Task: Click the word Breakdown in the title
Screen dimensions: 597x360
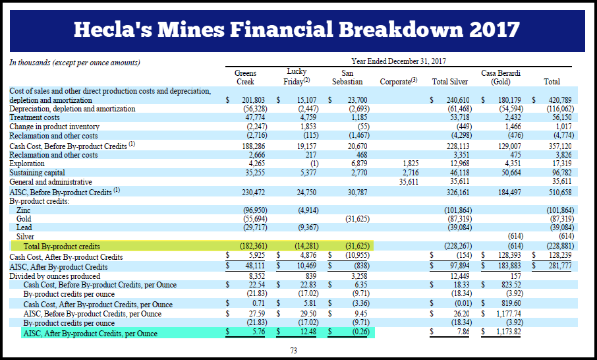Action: tap(401, 29)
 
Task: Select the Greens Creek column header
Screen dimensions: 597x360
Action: tap(245, 77)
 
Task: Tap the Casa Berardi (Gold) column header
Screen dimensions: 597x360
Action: tap(500, 77)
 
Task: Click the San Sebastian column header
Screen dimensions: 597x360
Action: tap(347, 77)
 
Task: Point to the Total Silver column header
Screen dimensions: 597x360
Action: tap(449, 82)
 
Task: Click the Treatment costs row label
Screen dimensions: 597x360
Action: tap(34, 117)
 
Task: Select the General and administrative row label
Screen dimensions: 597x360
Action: tap(51, 182)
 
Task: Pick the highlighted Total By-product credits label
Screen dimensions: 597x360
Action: tap(62, 247)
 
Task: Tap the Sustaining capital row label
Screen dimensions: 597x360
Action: tap(37, 173)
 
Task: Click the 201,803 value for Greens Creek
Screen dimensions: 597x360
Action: tap(253, 100)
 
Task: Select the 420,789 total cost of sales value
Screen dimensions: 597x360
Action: tap(560, 100)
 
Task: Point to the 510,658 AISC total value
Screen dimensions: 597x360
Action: tap(560, 193)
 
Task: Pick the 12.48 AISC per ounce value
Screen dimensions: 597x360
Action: tap(308, 332)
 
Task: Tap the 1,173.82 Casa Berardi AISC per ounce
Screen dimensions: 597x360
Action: tap(508, 332)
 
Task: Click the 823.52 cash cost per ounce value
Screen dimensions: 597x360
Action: tap(511, 285)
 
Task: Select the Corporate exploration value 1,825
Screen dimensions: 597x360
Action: tap(411, 164)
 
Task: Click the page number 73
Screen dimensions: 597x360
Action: tap(293, 351)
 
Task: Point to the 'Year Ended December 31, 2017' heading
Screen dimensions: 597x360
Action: tap(399, 61)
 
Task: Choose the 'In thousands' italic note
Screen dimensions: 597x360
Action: tap(74, 63)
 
